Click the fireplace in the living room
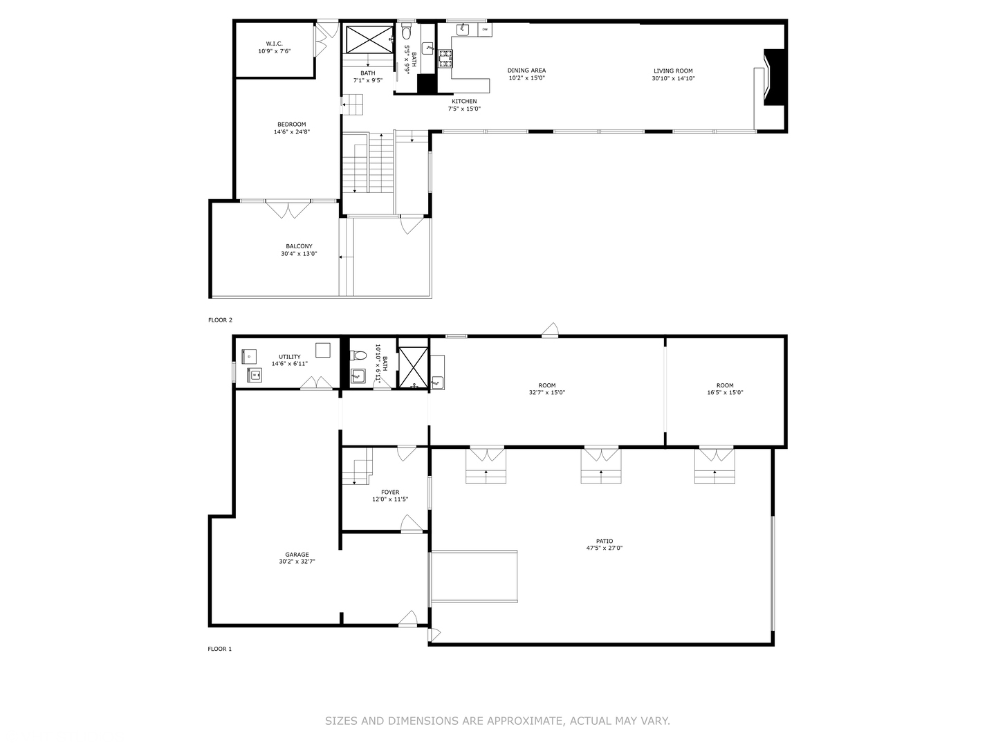click(x=773, y=77)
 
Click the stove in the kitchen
click(x=444, y=59)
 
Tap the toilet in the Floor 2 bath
click(x=407, y=32)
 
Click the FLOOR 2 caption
click(x=220, y=320)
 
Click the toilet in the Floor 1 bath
click(x=358, y=356)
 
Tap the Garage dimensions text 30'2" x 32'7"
click(x=297, y=562)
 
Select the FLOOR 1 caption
click(x=220, y=649)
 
